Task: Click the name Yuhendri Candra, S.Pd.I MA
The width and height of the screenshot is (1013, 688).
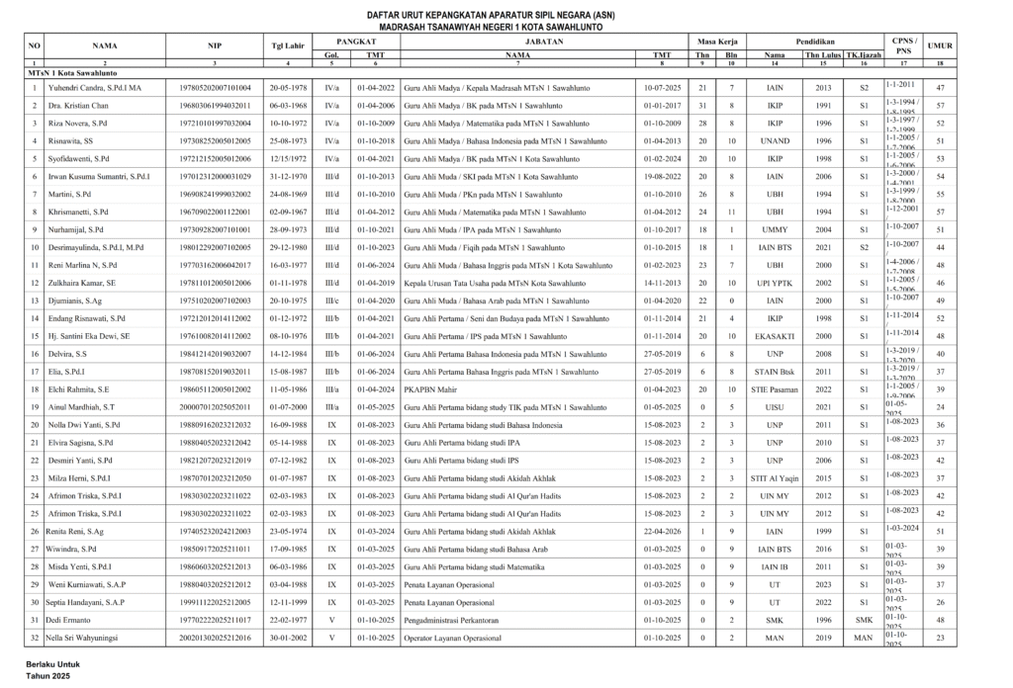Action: coord(96,88)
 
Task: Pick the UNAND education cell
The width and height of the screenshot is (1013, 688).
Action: coord(775,141)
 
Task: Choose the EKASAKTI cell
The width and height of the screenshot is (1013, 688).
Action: coord(775,336)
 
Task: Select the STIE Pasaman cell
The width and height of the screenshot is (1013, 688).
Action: coord(775,389)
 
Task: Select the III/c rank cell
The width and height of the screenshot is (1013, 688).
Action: coord(331,301)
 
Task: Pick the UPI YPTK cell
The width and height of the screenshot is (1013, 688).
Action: coord(775,283)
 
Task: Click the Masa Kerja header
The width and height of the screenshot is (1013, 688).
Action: coord(717,41)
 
